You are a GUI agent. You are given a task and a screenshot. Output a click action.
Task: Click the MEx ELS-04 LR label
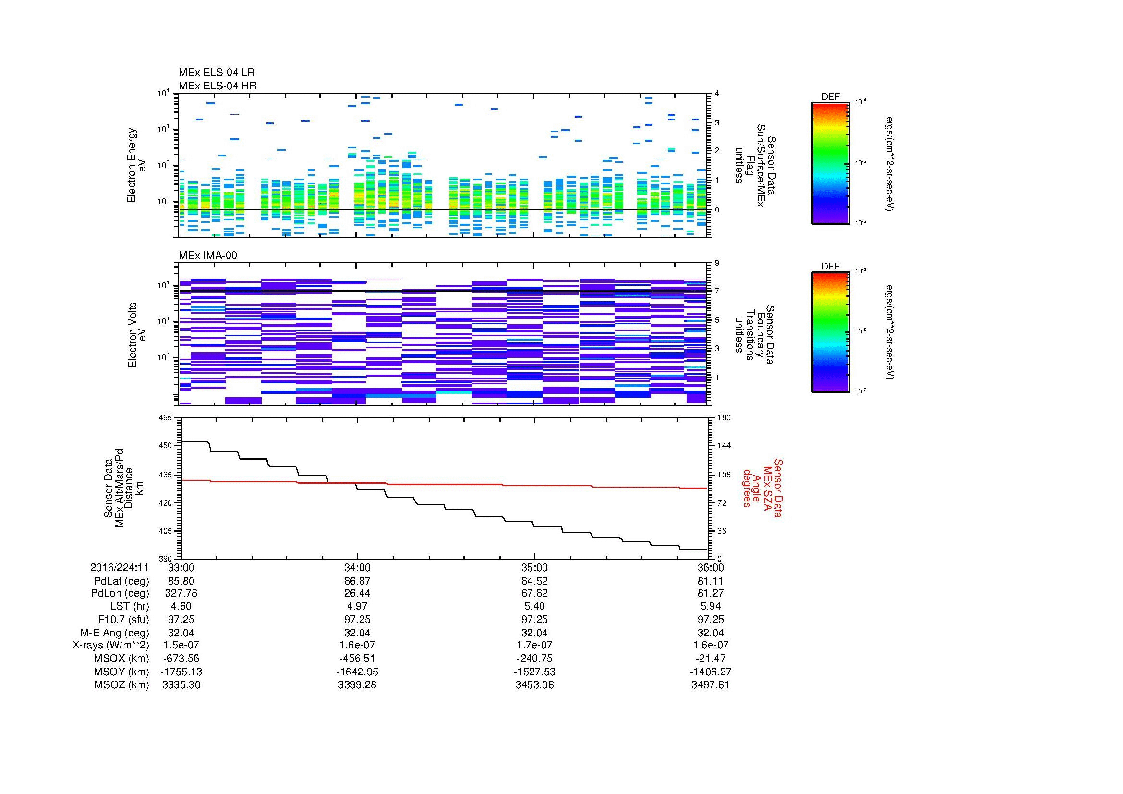point(216,73)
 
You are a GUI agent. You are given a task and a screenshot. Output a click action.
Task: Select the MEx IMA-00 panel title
point(208,256)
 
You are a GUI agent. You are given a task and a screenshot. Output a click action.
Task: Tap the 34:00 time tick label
point(358,568)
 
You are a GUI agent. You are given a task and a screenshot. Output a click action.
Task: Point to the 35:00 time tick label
point(534,568)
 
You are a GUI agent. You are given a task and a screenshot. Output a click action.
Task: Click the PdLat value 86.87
point(358,581)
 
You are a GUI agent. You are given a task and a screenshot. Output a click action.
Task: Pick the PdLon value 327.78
point(181,593)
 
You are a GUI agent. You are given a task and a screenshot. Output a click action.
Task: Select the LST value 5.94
point(711,607)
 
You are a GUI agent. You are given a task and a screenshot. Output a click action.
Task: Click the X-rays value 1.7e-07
point(534,645)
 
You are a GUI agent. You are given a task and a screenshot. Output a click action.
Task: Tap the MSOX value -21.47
point(711,659)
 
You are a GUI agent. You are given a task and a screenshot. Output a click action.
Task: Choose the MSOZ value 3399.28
point(358,685)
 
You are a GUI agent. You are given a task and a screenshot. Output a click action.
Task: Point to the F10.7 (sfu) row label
point(123,619)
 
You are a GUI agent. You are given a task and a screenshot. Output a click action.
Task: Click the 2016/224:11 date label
point(120,568)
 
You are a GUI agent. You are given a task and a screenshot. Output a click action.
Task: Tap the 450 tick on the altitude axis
point(166,446)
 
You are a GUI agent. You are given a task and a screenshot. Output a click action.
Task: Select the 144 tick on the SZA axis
point(724,446)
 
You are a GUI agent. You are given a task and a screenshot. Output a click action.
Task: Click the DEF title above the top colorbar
point(831,97)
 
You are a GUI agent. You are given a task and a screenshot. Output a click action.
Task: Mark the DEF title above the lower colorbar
point(831,267)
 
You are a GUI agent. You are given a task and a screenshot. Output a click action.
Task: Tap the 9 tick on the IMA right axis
point(717,263)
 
